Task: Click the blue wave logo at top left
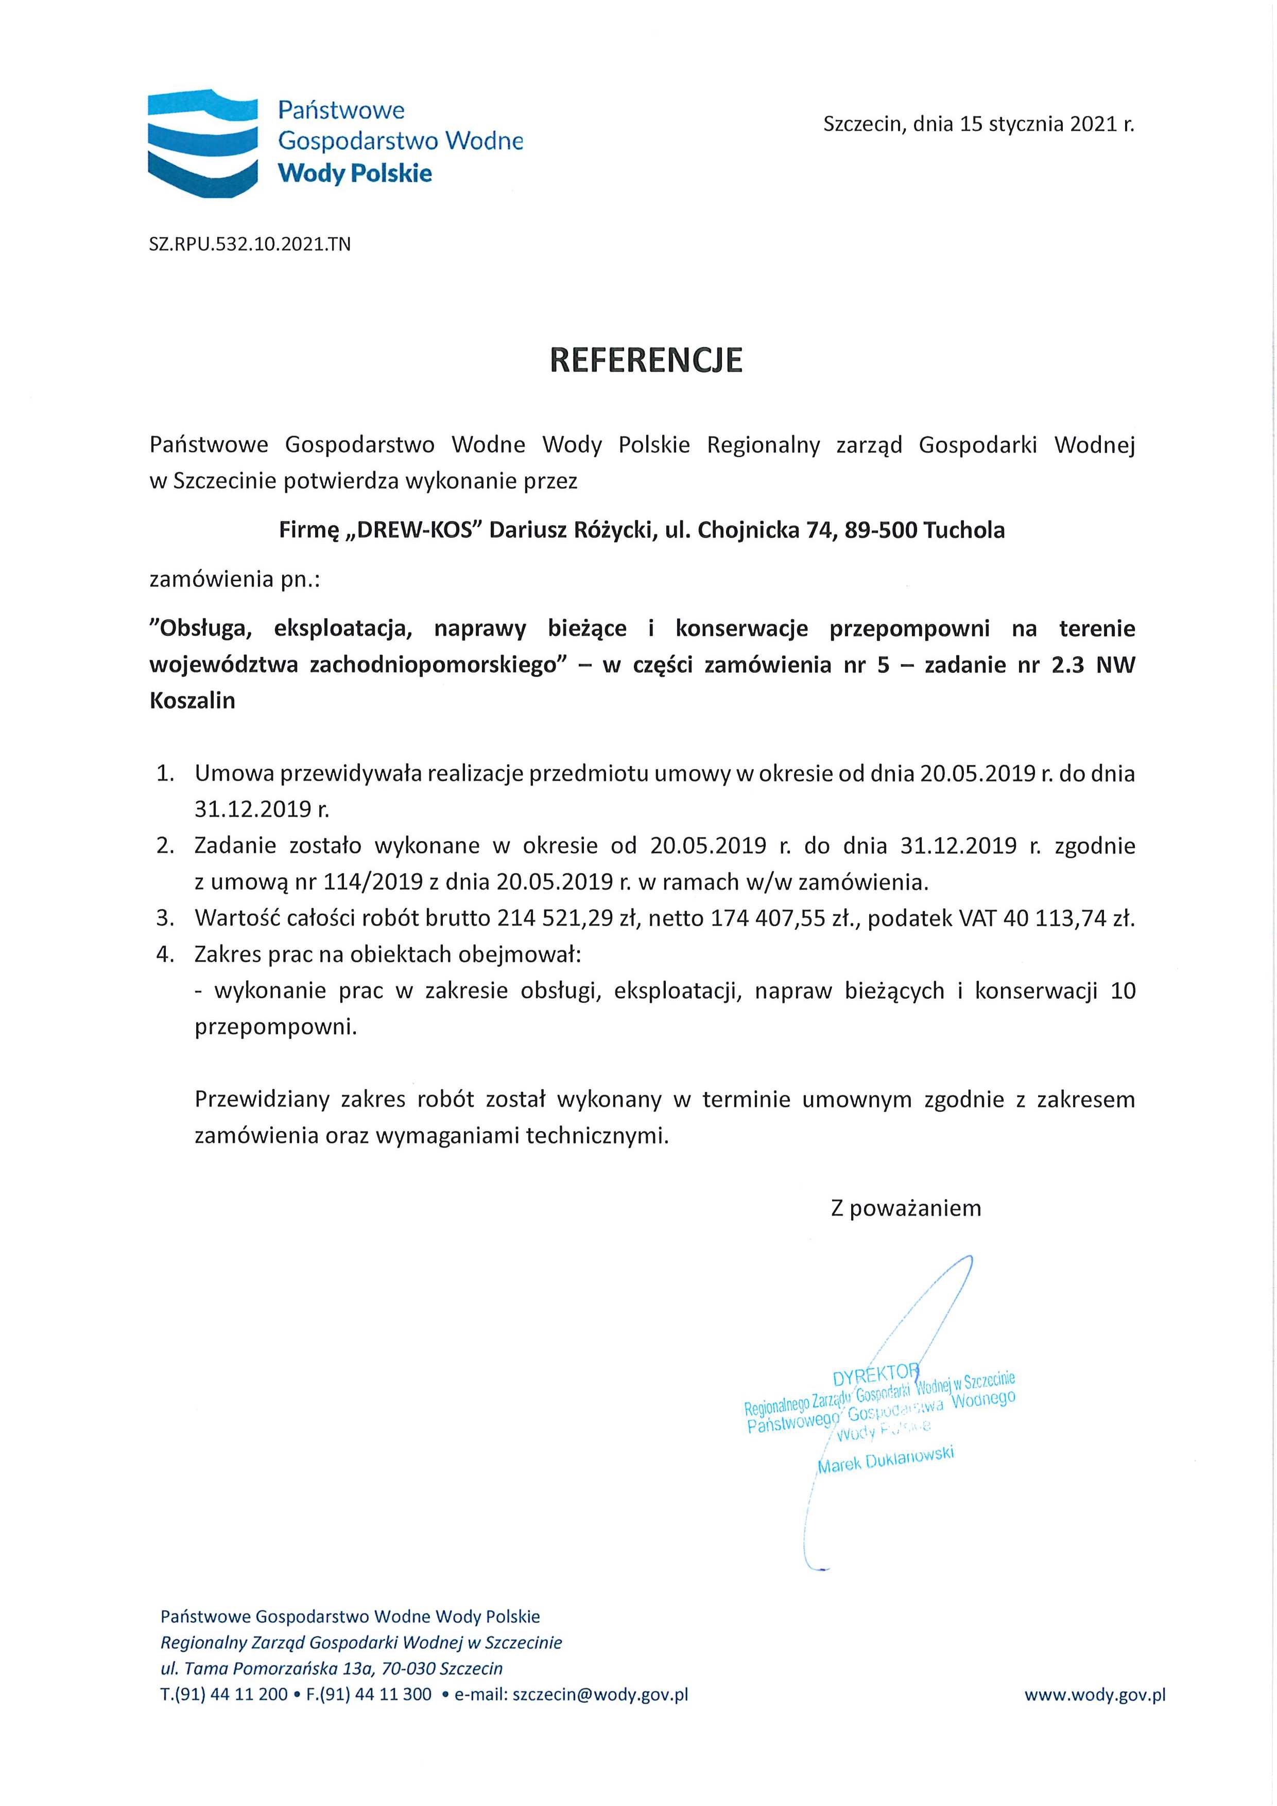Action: tap(203, 144)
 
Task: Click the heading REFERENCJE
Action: tap(645, 359)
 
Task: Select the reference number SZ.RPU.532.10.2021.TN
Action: tap(249, 244)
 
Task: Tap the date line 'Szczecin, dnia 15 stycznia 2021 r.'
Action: tap(978, 124)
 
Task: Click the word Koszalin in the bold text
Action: tap(192, 701)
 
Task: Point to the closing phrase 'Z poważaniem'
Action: tap(906, 1208)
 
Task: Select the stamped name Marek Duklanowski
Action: tap(885, 1459)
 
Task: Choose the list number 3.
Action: tap(164, 918)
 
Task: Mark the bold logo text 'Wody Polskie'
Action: tap(355, 173)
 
